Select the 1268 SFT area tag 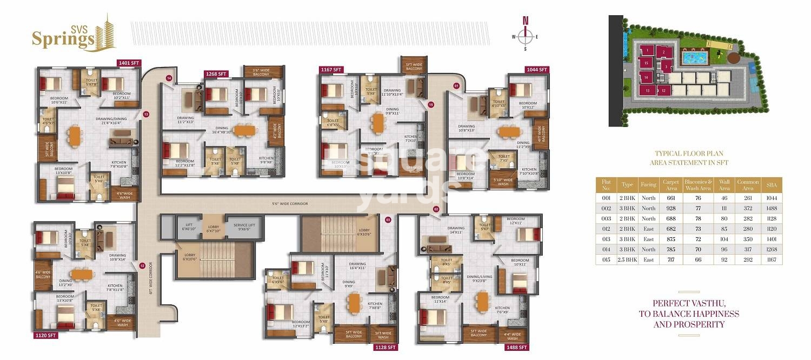tap(216, 74)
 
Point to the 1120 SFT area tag tap(44, 335)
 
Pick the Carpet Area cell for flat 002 tap(671, 209)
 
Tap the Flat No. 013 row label tap(606, 239)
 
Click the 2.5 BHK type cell tap(627, 260)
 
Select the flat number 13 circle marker tap(145, 114)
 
